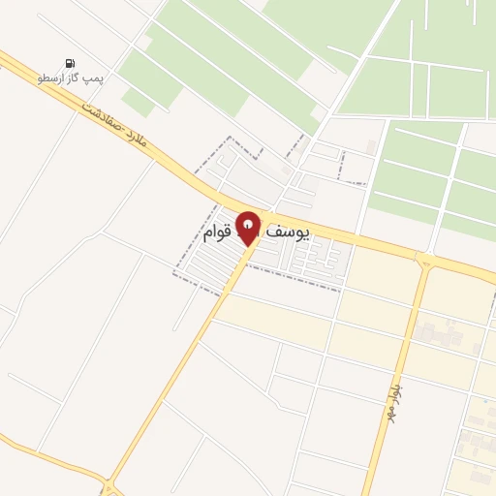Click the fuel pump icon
click(71, 62)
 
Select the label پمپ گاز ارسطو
click(71, 77)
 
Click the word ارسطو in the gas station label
click(50, 77)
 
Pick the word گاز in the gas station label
click(75, 77)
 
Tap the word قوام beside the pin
click(215, 233)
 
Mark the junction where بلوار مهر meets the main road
click(423, 260)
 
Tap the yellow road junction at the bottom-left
click(109, 482)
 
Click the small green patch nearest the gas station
click(138, 100)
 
